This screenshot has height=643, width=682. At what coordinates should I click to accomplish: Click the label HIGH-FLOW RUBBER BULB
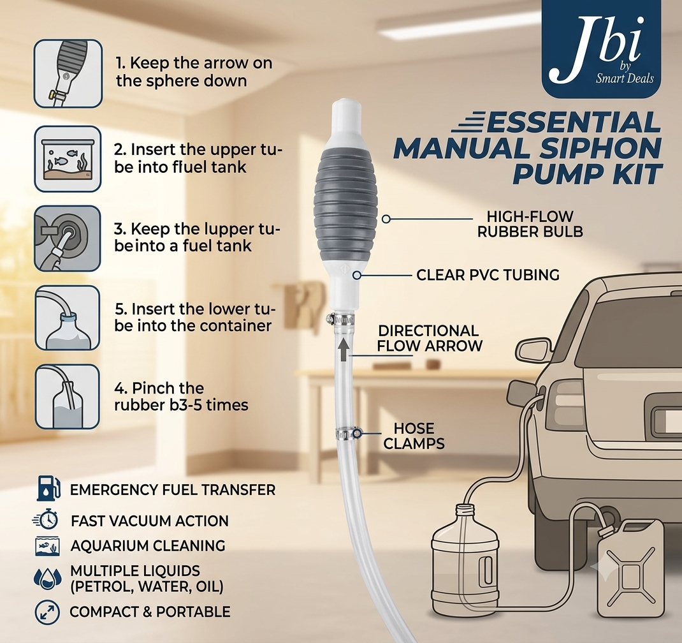pos(530,224)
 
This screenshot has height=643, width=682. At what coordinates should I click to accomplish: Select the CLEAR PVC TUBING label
pos(488,275)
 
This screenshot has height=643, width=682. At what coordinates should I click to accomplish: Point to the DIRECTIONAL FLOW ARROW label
pos(430,338)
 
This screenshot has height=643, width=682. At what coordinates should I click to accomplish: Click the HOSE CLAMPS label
pos(414,436)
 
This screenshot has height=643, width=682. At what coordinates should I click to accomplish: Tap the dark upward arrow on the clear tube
pos(343,349)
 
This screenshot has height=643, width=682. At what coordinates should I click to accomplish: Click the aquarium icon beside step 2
pos(68,159)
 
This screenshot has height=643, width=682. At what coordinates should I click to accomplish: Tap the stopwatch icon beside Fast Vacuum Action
pos(46,520)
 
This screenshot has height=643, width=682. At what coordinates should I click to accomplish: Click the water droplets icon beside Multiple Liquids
pos(47,578)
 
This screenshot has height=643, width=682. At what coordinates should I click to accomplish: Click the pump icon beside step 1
pos(68,73)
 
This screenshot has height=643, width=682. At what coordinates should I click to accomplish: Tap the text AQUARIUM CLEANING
pos(148,545)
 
